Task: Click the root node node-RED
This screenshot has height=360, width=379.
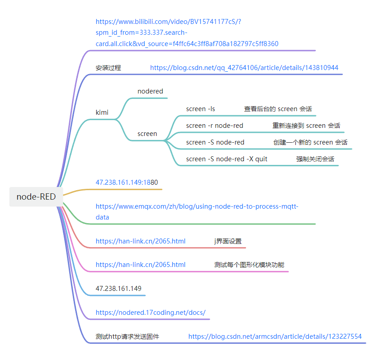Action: click(36, 196)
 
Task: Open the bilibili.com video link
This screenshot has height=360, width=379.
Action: click(187, 33)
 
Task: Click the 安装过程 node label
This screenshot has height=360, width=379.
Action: click(108, 68)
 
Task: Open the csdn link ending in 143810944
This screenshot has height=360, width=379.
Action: click(244, 68)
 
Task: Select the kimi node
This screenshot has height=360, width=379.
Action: click(102, 112)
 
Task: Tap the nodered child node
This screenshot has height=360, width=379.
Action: click(150, 91)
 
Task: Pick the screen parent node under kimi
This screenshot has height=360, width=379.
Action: click(147, 134)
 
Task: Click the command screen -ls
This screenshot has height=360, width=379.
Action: click(200, 109)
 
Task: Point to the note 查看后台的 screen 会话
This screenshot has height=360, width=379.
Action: click(278, 109)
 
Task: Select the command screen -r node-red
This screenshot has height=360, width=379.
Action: click(214, 126)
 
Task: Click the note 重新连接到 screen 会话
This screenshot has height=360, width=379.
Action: click(306, 126)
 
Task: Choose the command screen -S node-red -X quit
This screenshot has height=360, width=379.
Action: click(227, 159)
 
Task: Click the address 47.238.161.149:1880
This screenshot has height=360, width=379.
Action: click(127, 182)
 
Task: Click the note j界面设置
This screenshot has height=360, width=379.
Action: click(228, 241)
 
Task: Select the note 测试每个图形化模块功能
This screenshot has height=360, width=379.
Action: click(249, 265)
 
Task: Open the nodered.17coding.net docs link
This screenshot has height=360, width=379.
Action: click(151, 313)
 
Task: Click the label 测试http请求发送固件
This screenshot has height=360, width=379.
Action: click(127, 337)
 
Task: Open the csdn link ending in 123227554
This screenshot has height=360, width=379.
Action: click(275, 337)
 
